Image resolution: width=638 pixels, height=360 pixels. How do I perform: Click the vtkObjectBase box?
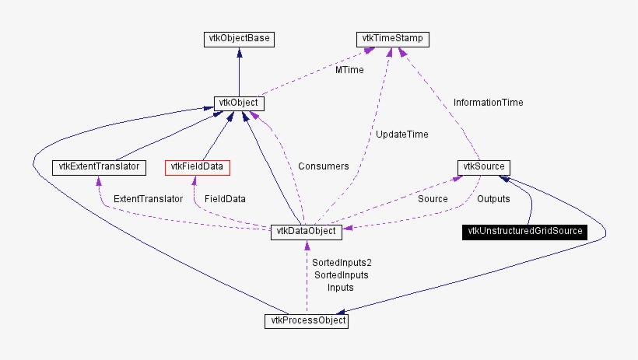[238, 37]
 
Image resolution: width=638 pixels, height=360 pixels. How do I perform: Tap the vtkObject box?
[238, 103]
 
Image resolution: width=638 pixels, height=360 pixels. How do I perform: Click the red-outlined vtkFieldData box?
[198, 166]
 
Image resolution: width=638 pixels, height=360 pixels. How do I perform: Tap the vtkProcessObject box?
[306, 320]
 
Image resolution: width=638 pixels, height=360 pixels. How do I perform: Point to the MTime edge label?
[349, 70]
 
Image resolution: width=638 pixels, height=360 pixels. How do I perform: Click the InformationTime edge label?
[488, 102]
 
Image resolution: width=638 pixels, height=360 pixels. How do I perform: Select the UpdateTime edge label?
[401, 135]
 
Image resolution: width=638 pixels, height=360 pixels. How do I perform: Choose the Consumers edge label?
[323, 166]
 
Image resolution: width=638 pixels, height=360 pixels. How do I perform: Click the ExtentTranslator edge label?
[148, 199]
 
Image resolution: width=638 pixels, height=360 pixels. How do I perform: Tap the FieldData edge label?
[225, 199]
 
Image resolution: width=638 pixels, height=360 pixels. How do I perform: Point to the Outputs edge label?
[493, 199]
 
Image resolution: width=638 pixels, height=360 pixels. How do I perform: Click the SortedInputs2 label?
[338, 263]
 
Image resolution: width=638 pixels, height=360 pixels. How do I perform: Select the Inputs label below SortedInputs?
[340, 288]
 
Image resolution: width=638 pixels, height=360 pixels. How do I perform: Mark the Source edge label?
[433, 199]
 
